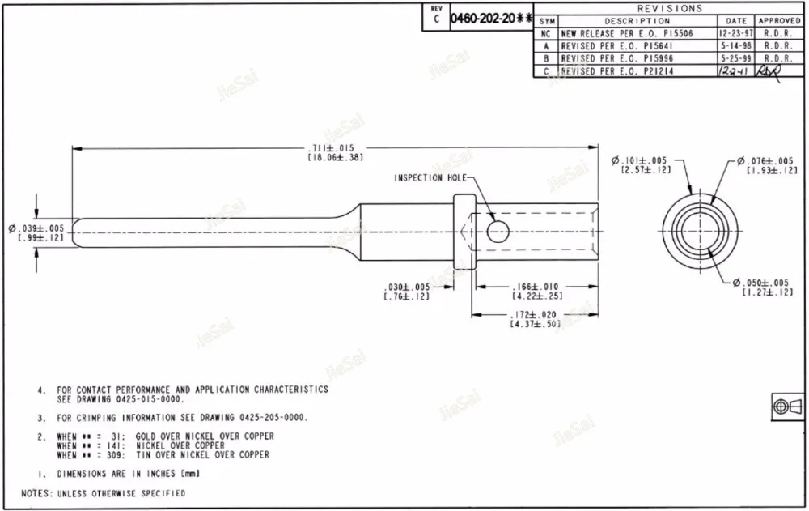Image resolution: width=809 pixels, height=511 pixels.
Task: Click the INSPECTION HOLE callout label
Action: pyautogui.click(x=430, y=178)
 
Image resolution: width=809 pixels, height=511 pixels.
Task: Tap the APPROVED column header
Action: pyautogui.click(x=779, y=21)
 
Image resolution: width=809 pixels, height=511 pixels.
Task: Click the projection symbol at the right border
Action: pyautogui.click(x=786, y=406)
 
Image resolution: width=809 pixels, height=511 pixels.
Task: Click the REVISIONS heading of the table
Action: pyautogui.click(x=671, y=8)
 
